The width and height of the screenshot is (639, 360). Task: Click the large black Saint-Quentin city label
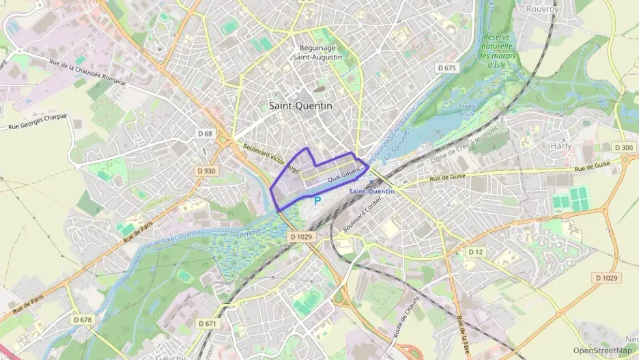coord(300,106)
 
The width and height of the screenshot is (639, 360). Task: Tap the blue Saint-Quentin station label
coord(371,191)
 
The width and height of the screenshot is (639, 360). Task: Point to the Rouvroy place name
coord(543,10)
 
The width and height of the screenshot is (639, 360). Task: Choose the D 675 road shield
coord(446,68)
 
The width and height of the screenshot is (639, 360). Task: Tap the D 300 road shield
coord(623,148)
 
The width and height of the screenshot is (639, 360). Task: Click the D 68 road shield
coord(204,133)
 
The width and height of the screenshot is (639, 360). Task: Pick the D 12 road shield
coord(476,252)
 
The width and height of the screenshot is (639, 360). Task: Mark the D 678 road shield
coord(82,319)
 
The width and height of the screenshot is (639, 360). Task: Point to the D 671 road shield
coord(206,322)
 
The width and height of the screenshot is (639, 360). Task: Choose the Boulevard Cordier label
coord(360,214)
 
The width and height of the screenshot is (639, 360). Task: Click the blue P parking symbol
coord(317,200)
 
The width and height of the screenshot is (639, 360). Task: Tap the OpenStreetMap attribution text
coord(603,350)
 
